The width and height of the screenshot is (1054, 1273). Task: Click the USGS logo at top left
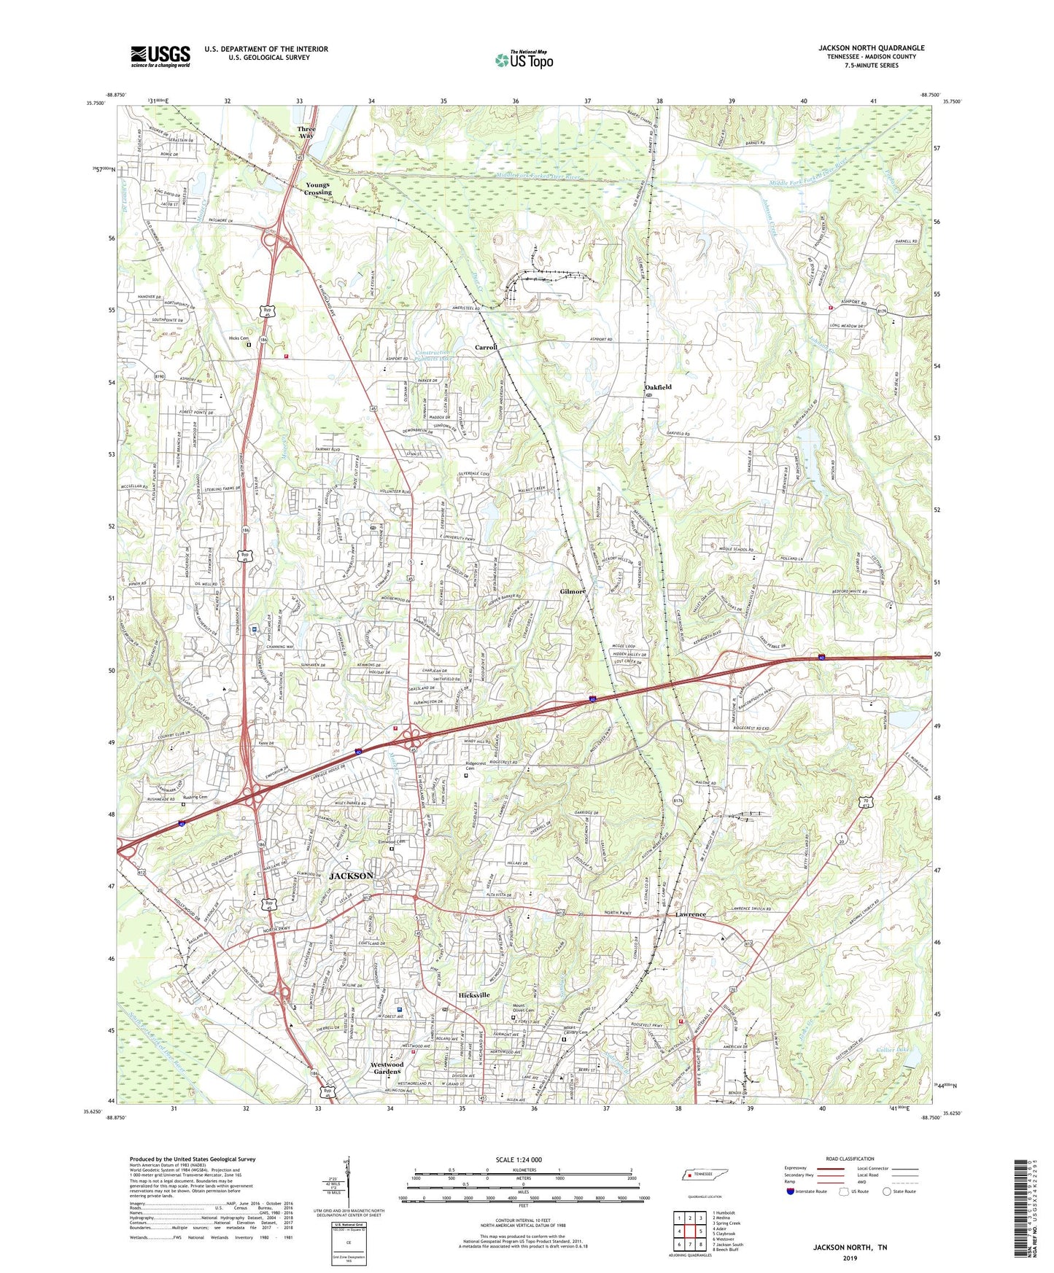click(160, 56)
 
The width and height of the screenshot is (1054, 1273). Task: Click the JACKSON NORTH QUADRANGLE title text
click(871, 48)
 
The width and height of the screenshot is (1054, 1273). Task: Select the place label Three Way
click(307, 132)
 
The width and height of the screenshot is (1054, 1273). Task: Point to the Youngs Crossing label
click(317, 188)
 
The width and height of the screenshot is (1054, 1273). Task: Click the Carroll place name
click(487, 347)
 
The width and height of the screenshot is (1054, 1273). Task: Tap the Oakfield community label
click(658, 387)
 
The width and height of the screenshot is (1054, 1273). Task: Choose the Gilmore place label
click(573, 591)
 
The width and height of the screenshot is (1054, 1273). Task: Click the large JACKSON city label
click(352, 876)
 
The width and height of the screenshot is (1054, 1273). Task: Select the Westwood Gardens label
click(387, 1067)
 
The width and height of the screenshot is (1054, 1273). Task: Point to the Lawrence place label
click(690, 914)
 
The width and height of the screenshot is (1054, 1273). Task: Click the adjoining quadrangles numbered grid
click(689, 1233)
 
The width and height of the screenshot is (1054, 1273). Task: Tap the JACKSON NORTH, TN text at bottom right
click(850, 1247)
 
